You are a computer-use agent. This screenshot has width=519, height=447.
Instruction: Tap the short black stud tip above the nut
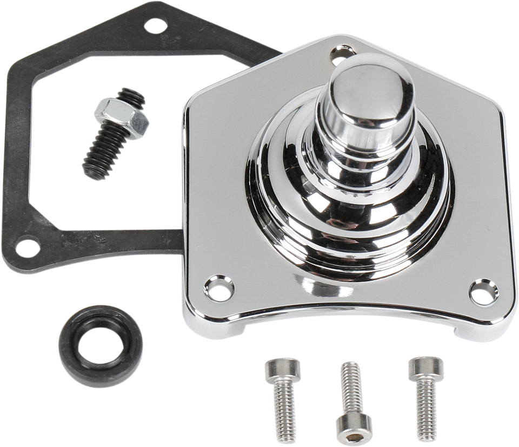pos(132,96)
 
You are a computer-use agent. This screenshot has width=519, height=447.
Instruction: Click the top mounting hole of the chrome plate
pos(341,52)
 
